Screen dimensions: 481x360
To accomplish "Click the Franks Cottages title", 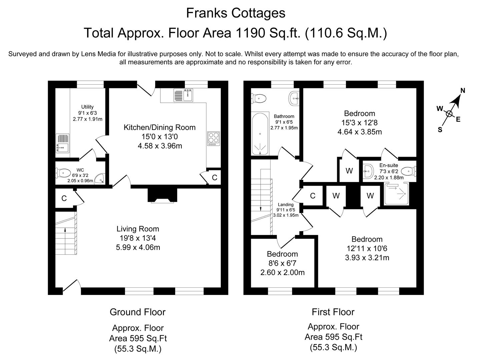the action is [x=235, y=13].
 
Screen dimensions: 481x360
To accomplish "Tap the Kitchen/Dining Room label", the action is [x=159, y=127].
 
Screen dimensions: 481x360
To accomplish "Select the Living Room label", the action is [x=138, y=229].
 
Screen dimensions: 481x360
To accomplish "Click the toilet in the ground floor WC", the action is [x=63, y=173].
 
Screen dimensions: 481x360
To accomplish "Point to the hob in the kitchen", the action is [x=213, y=139].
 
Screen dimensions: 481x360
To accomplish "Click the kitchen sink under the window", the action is [x=183, y=95].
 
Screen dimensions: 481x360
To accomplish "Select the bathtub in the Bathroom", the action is [x=260, y=134].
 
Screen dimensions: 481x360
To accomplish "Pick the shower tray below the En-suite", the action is [x=397, y=194].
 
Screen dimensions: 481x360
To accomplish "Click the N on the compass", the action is [x=463, y=90].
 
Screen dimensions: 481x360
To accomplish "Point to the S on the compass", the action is [x=440, y=130].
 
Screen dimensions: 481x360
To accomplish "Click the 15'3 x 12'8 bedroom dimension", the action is [x=359, y=123].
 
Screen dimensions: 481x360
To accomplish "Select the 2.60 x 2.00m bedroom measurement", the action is [x=283, y=272].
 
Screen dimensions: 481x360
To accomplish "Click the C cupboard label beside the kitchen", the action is [x=214, y=178].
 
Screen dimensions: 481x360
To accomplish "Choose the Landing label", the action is [x=286, y=205].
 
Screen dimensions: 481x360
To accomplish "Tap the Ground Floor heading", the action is [x=138, y=312].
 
